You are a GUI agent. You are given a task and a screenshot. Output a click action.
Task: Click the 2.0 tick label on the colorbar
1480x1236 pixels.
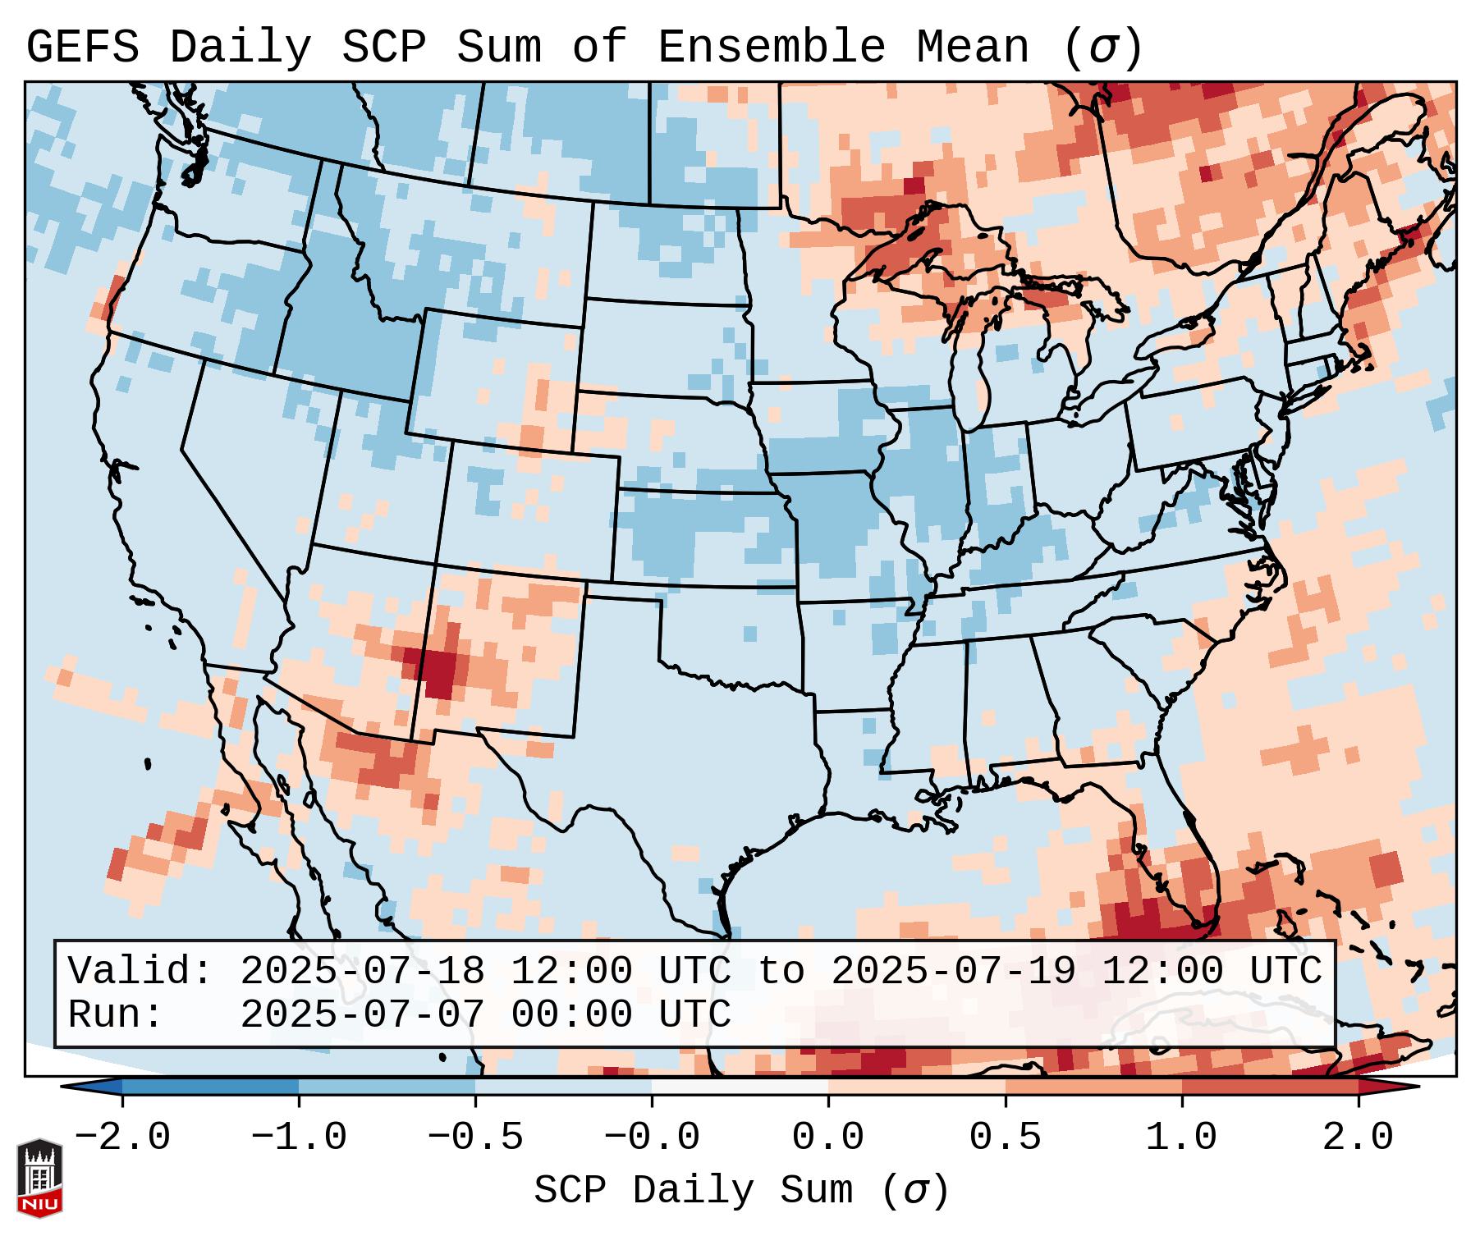click(1358, 1138)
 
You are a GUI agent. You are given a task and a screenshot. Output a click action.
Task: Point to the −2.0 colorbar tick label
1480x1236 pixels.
click(122, 1138)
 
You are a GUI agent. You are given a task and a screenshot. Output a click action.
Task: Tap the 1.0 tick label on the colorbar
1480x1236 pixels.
click(1181, 1138)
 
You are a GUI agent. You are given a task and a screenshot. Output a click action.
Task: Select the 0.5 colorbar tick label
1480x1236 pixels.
click(1005, 1138)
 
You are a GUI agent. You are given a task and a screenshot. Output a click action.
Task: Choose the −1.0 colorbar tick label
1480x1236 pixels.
click(299, 1138)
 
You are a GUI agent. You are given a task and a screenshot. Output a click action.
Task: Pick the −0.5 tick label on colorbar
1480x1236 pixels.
click(475, 1138)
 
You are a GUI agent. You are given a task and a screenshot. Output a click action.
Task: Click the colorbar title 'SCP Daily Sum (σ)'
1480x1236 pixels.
click(740, 1190)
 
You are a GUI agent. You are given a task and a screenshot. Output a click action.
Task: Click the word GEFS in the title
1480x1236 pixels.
click(82, 48)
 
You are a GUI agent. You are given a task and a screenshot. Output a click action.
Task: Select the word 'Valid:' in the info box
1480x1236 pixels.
click(140, 971)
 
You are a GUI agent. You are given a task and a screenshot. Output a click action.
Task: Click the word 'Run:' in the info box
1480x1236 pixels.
click(116, 1015)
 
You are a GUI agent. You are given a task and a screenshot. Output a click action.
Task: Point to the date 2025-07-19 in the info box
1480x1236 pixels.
click(953, 971)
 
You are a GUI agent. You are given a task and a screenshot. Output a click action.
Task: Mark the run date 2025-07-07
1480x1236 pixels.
click(362, 1015)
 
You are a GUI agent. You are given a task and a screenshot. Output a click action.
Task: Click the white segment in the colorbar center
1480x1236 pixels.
click(740, 1087)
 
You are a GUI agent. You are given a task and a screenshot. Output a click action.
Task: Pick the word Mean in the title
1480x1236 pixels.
click(972, 48)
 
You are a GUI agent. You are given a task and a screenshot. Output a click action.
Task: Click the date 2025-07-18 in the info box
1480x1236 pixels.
click(362, 971)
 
